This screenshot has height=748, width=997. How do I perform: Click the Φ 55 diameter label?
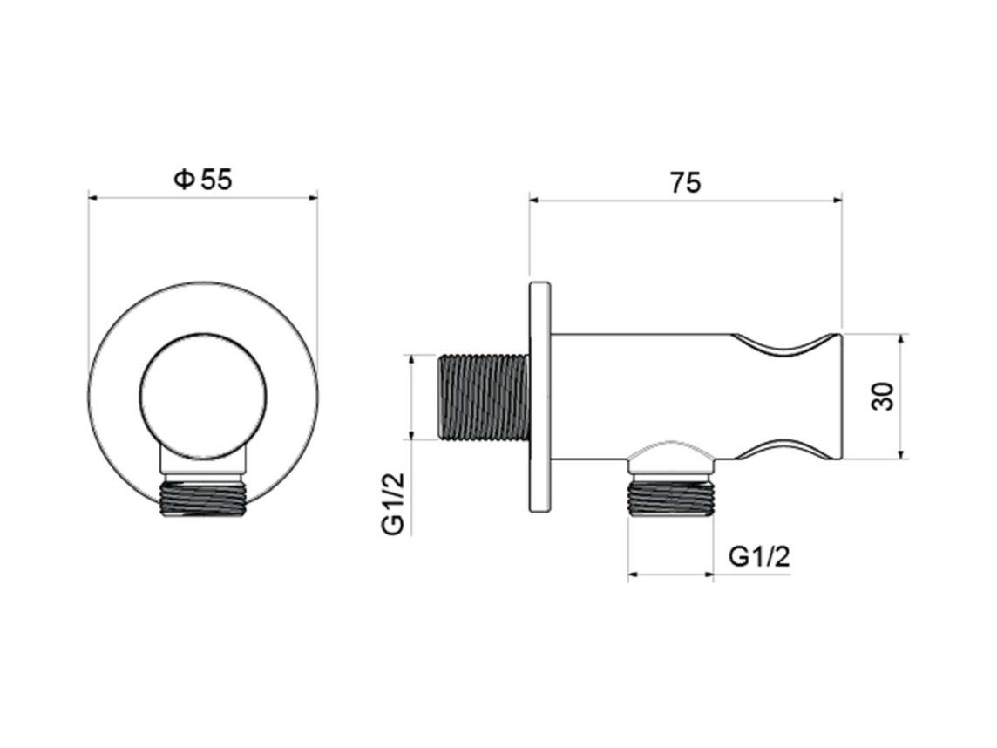pos(203,180)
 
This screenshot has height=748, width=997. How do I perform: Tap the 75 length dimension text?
pos(685,183)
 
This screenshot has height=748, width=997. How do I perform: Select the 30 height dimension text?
pos(883,397)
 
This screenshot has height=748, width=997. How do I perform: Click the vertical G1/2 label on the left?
pos(393,505)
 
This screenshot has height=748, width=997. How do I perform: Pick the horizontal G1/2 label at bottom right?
pos(759,556)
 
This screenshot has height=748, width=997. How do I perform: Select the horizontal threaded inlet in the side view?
pos(483,397)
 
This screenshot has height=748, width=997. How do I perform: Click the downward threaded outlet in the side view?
pos(670,498)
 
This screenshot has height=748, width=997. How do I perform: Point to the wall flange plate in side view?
pos(539,397)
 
